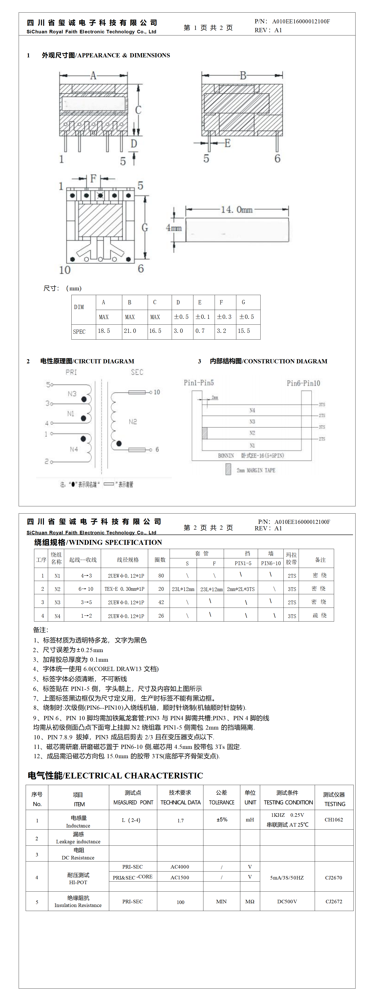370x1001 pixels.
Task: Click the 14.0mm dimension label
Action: pyautogui.click(x=237, y=210)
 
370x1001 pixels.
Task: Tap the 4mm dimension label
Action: pyautogui.click(x=174, y=228)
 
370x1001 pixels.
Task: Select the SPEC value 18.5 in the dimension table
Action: pyautogui.click(x=104, y=331)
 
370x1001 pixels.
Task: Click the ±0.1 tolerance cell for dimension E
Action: pyautogui.click(x=203, y=317)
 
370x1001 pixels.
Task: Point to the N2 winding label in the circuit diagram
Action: pyautogui.click(x=133, y=422)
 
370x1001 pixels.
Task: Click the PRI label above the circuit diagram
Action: pyautogui.click(x=71, y=372)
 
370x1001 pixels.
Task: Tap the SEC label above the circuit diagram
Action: pyautogui.click(x=137, y=372)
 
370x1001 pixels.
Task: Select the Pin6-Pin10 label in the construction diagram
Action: pyautogui.click(x=303, y=383)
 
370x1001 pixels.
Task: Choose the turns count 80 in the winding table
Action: pyautogui.click(x=161, y=576)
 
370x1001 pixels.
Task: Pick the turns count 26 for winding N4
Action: pyautogui.click(x=161, y=616)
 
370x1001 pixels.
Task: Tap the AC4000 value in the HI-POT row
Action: pyautogui.click(x=180, y=867)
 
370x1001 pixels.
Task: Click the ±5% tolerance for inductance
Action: pyautogui.click(x=222, y=820)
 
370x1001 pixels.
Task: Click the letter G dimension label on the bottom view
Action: pyautogui.click(x=145, y=227)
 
